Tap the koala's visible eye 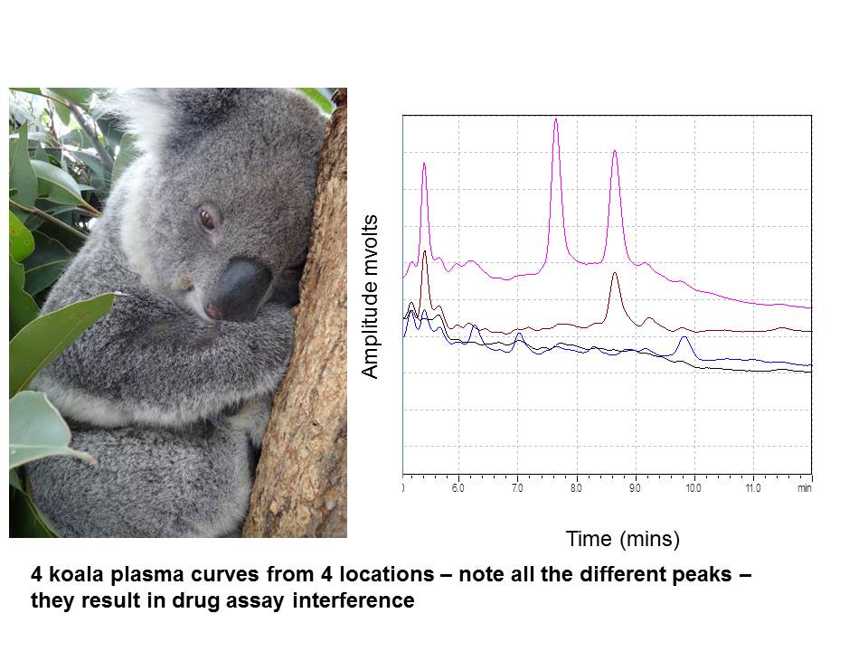point(208,218)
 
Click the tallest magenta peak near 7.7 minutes point(555,120)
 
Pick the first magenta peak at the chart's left point(423,165)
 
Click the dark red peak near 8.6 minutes point(615,274)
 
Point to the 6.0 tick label point(458,488)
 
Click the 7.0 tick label point(517,488)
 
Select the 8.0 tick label point(576,488)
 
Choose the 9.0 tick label point(635,488)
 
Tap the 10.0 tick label point(693,488)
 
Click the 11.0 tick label point(752,488)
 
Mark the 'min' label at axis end point(804,488)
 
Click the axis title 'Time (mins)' point(622,540)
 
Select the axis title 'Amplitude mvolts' point(369,296)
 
